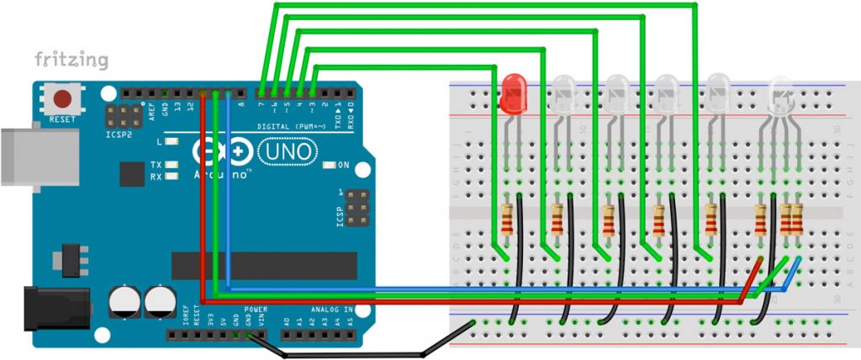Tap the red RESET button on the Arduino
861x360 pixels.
pyautogui.click(x=62, y=99)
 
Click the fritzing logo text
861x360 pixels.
pyautogui.click(x=71, y=60)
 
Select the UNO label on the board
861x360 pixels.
pyautogui.click(x=288, y=151)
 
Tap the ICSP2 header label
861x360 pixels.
pyautogui.click(x=118, y=135)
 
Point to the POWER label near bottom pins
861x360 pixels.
pyautogui.click(x=256, y=310)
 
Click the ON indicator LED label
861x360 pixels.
pyautogui.click(x=344, y=165)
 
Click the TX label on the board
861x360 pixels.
pyautogui.click(x=156, y=165)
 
